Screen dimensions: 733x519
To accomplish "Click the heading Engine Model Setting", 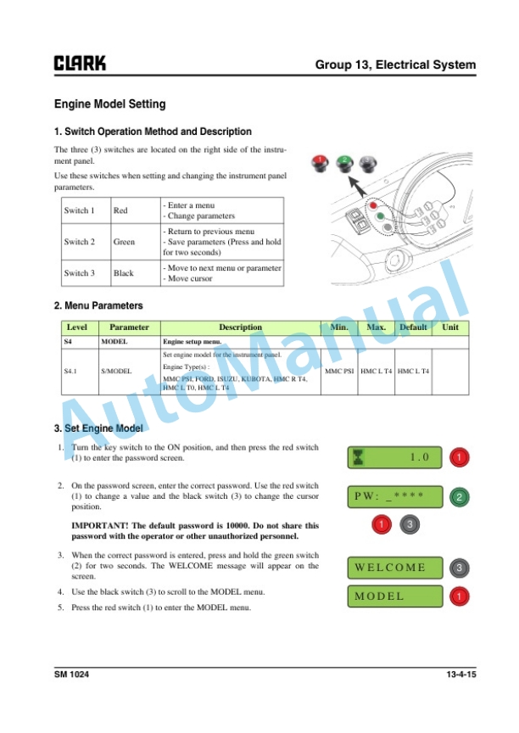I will pos(110,104).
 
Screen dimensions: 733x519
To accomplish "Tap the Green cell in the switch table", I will pos(124,242).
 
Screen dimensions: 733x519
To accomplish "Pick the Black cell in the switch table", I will pos(124,273).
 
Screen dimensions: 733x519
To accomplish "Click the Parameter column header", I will pos(130,327).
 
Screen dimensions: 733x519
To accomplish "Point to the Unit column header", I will pos(450,327).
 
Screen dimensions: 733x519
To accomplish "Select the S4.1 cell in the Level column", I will pos(74,371).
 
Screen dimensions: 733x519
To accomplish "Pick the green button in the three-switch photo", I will pos(345,161).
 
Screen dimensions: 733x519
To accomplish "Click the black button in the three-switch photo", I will pos(366,161).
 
